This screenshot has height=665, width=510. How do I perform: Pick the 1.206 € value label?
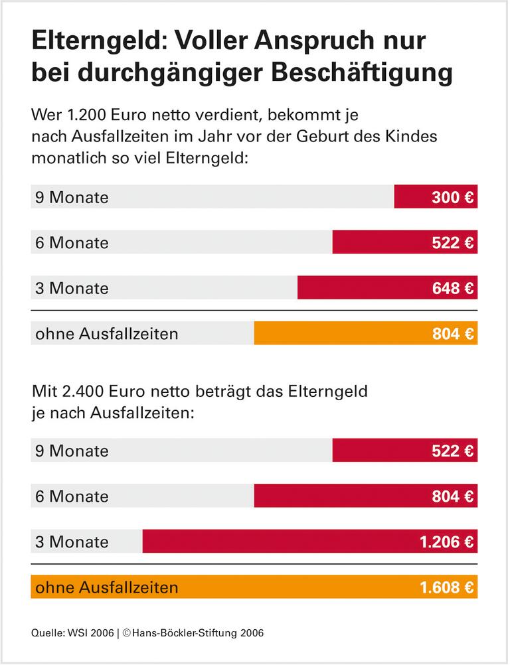pos(446,542)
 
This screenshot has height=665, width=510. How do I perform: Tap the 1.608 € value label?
pos(446,587)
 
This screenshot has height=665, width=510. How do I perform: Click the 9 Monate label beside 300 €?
pos(72,197)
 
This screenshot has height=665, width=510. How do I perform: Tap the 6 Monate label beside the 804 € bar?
pos(72,496)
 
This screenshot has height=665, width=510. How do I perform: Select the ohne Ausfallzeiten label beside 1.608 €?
pos(107,587)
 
